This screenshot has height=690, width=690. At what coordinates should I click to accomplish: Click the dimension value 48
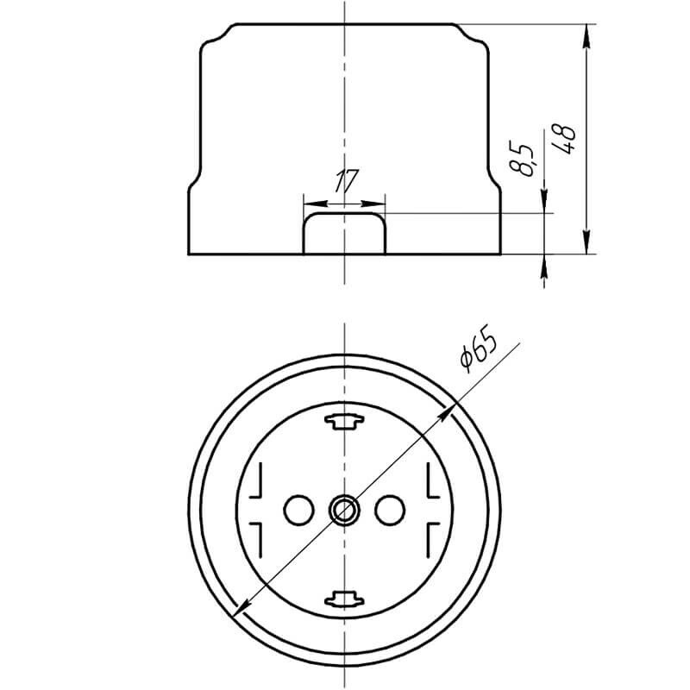click(x=565, y=139)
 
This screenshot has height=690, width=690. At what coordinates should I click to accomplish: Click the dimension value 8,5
click(x=521, y=159)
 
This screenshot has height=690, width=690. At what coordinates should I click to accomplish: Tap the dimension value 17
click(x=347, y=181)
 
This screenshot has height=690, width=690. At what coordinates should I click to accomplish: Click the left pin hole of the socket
click(x=298, y=510)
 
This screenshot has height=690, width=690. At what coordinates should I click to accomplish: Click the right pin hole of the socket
click(x=390, y=510)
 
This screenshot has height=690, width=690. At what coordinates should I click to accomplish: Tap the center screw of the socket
click(x=344, y=510)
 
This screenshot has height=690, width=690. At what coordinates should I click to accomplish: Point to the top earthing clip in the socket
click(x=344, y=422)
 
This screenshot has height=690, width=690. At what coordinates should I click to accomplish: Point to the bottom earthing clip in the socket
click(x=344, y=599)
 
